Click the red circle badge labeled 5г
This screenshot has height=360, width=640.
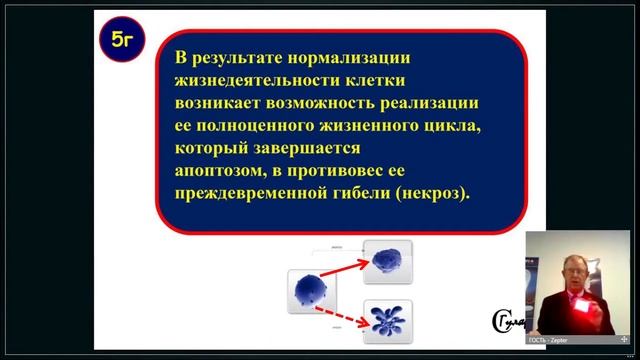point(124,42)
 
